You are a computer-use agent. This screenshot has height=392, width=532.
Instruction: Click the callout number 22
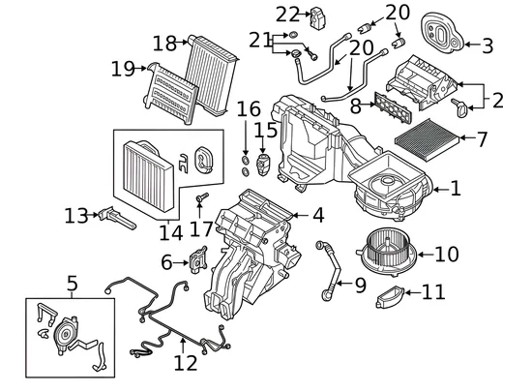287,15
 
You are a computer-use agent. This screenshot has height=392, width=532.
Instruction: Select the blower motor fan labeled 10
387,251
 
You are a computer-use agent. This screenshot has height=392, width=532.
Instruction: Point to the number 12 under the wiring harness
186,363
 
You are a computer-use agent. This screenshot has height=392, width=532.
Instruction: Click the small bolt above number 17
202,197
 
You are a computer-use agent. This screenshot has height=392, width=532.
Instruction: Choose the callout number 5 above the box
73,284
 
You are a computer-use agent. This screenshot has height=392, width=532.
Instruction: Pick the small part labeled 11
390,296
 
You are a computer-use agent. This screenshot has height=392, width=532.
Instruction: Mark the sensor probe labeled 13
117,218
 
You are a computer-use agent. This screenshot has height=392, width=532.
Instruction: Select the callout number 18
164,44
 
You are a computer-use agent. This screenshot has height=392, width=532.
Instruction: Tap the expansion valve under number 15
262,165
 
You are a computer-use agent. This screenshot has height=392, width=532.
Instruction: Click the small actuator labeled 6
198,259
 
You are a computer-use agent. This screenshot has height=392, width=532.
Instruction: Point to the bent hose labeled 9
329,271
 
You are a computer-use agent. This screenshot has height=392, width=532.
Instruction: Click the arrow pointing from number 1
441,190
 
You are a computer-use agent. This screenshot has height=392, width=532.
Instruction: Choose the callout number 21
260,40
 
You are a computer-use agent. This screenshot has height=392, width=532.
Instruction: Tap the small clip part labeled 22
317,17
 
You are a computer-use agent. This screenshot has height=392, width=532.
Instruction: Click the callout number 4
318,215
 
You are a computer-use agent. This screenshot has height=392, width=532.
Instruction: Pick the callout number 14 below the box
171,233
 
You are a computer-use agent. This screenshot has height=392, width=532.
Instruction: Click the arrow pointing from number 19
140,68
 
